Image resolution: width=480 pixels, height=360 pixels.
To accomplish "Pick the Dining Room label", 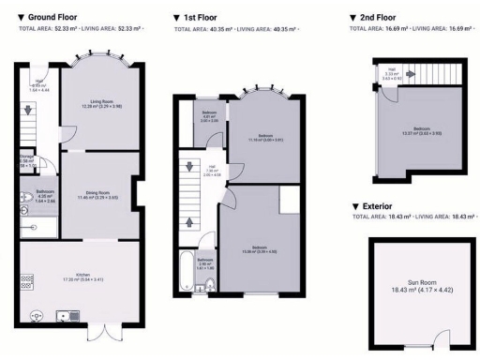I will click(x=98, y=195).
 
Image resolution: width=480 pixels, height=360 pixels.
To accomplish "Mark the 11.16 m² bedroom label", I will click(x=265, y=137).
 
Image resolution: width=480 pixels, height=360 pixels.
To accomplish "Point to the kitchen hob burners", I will click(x=27, y=279).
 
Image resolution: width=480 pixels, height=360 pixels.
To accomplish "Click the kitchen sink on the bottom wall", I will click(x=68, y=316).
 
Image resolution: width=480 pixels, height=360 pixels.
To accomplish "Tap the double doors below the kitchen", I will click(x=102, y=331).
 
